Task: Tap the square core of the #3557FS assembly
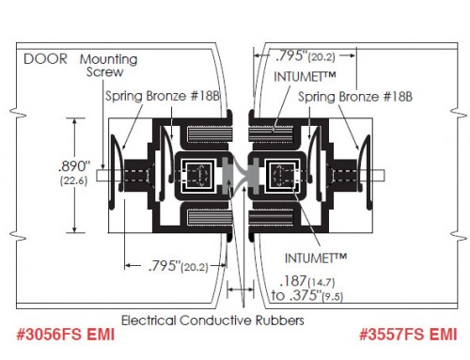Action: click(x=279, y=174)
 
